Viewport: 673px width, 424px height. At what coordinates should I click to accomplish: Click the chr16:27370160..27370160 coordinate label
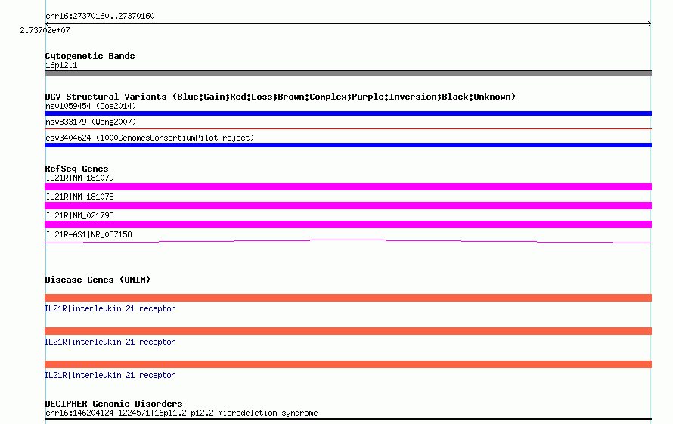(100, 16)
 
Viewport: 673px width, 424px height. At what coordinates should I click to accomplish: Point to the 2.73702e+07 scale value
(45, 30)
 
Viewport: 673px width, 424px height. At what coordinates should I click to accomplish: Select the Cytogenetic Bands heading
(90, 56)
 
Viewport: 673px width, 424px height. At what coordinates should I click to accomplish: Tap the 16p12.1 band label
(61, 65)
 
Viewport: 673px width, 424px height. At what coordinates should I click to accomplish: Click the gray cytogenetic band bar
(348, 73)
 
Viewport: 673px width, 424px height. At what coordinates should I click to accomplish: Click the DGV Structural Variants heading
(281, 97)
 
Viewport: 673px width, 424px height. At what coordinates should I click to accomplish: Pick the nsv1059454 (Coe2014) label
(91, 106)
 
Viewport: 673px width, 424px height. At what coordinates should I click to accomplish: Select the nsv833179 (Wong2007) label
(91, 122)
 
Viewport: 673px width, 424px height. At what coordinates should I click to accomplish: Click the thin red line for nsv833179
(348, 128)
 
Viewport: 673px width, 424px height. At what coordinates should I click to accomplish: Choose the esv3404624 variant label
(150, 138)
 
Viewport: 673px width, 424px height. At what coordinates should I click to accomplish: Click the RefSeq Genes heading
(77, 169)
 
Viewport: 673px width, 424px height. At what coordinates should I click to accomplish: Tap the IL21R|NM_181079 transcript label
(80, 178)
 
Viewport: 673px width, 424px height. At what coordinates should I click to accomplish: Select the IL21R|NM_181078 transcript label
(80, 197)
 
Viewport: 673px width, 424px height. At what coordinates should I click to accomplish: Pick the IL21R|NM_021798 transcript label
(80, 215)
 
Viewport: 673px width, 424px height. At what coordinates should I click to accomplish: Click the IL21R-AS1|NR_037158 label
(88, 234)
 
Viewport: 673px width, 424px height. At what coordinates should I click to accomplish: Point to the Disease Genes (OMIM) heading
(98, 280)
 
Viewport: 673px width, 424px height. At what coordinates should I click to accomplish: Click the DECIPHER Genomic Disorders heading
(113, 404)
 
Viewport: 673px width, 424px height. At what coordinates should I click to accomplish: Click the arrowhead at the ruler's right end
(650, 24)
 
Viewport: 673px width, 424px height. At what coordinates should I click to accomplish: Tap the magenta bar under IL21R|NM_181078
(348, 206)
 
